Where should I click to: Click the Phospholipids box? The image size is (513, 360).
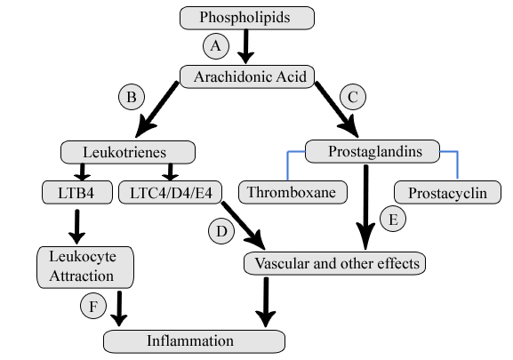pos(248,17)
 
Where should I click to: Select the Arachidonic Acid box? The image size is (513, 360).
pos(248,77)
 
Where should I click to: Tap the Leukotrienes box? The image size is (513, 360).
pos(126,151)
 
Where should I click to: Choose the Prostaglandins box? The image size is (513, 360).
pos(374,151)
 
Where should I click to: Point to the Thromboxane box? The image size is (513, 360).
pos(293,192)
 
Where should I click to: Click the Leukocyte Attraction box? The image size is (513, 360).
pos(85,266)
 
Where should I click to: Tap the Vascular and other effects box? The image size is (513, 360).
pos(335,264)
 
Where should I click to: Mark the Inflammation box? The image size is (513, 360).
pos(194,340)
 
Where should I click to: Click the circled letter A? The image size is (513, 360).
pos(214,44)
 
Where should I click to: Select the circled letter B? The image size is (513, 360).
pos(130,95)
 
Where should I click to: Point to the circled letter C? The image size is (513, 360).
pos(352,95)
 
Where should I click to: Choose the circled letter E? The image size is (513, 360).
pos(392,217)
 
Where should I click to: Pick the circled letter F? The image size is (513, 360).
pos(92,306)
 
